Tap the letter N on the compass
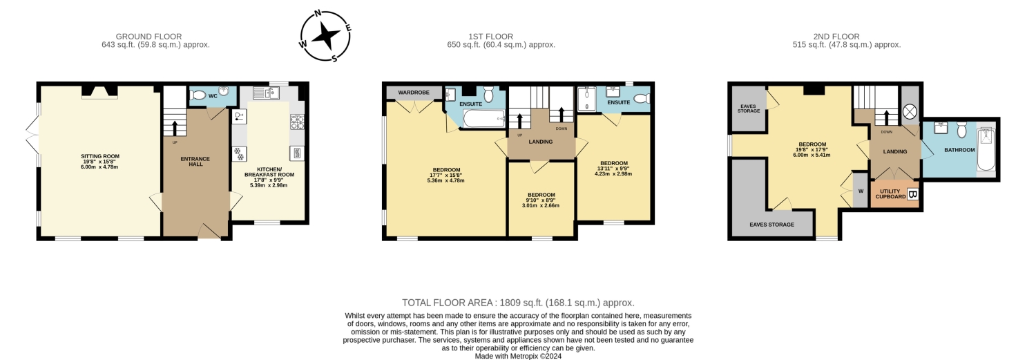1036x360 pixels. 318,13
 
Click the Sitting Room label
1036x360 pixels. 100,156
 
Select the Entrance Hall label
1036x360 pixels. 195,162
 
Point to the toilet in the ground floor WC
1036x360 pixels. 198,96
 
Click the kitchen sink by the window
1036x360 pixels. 266,93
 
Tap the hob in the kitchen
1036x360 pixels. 296,121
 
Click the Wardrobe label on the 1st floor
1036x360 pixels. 414,93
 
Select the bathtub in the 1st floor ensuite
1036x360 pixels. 483,118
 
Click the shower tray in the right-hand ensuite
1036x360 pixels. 587,100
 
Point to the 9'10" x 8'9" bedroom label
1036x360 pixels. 541,200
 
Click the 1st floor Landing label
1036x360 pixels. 541,142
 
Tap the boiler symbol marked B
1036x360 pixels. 912,195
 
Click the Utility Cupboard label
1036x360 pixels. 890,194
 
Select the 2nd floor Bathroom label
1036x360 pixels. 959,150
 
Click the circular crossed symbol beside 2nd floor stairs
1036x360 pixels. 910,112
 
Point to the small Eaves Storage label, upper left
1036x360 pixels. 749,108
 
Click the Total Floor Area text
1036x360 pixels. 518,303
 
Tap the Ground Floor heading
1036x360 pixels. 148,36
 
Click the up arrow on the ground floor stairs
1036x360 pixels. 175,128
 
